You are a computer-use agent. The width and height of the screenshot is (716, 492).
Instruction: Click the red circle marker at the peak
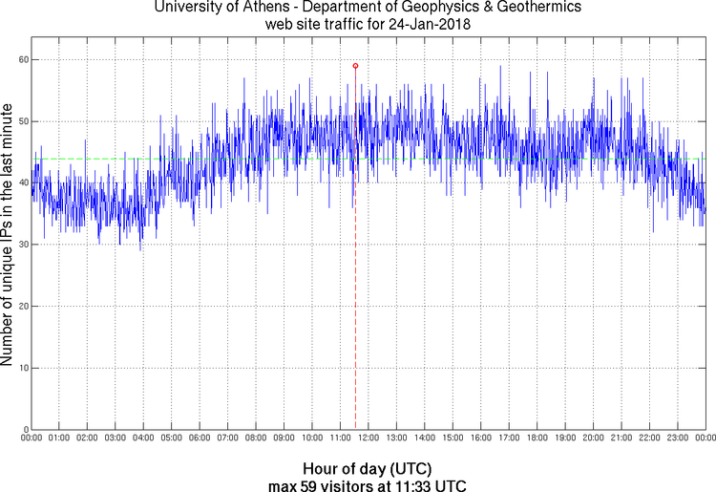(x=355, y=66)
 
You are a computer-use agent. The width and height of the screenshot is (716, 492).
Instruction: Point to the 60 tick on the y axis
(x=21, y=59)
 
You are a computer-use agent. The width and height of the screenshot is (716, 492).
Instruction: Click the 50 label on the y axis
(x=21, y=121)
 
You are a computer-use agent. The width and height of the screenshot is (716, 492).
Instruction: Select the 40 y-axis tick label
(x=21, y=183)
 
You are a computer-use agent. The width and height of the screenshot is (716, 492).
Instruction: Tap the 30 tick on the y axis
(x=21, y=245)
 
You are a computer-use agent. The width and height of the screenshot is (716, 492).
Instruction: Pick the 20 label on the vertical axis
(x=21, y=307)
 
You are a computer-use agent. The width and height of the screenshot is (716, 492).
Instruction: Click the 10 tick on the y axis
(x=21, y=368)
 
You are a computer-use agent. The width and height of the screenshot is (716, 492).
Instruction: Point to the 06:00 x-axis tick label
(x=200, y=439)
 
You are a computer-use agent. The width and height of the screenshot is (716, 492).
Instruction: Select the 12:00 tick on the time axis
(x=369, y=439)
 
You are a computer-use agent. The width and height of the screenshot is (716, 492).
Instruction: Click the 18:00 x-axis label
(x=537, y=439)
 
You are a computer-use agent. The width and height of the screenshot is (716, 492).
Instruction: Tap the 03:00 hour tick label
(x=115, y=439)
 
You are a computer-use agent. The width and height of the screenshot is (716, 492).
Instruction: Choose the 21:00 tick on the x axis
(x=621, y=439)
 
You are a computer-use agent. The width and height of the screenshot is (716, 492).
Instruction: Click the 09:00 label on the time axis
(x=284, y=439)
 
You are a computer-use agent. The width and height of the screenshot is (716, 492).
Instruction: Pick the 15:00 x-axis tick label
(x=453, y=439)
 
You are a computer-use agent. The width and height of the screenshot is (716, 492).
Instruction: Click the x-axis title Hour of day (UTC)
(x=368, y=469)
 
